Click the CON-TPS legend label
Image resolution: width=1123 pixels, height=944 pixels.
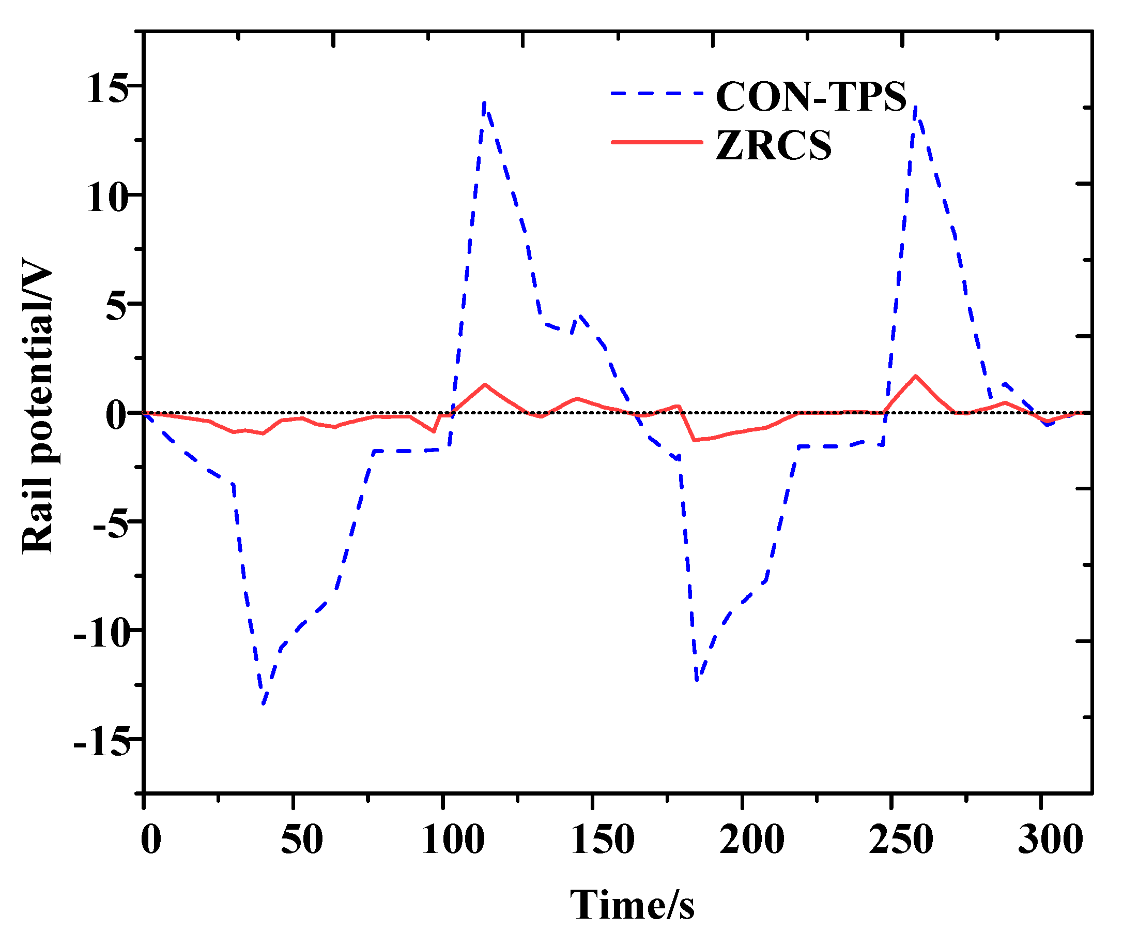point(811,97)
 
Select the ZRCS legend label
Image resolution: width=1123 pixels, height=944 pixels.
point(773,145)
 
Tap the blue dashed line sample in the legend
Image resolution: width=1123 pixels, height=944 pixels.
point(657,93)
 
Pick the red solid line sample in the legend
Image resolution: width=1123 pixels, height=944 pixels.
point(657,142)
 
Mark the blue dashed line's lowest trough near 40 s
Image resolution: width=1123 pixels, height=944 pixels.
point(263,705)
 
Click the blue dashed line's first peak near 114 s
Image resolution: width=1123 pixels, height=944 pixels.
point(484,102)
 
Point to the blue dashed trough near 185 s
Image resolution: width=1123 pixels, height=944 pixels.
point(697,680)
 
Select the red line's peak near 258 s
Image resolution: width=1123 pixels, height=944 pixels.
point(916,376)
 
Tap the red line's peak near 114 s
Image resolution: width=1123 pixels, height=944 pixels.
point(484,384)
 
